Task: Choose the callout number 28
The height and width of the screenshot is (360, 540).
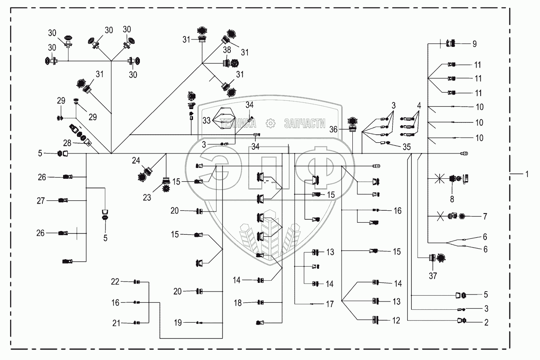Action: tap(67, 143)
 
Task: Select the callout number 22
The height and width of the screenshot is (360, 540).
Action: tap(115, 282)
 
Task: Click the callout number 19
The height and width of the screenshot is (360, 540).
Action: tap(178, 323)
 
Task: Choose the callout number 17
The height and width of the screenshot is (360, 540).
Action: tap(330, 304)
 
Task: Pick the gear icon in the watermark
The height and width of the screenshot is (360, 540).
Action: tap(270, 123)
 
